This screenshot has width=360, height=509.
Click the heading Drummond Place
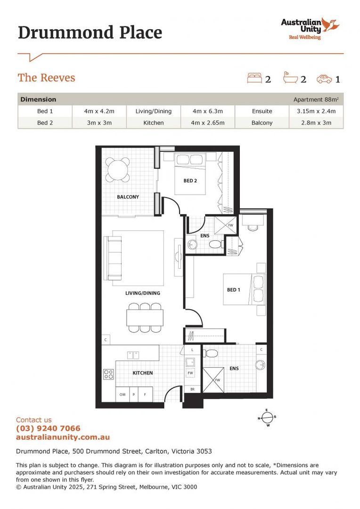90,33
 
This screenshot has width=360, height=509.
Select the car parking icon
324,79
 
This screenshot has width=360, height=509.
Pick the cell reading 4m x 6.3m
208,111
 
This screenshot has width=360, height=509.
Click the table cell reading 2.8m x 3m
316,123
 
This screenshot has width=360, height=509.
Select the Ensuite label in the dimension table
262,111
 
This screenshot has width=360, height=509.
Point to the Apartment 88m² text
315,99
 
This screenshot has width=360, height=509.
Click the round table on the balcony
117,170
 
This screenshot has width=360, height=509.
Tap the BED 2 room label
190,181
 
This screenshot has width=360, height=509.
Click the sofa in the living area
115,258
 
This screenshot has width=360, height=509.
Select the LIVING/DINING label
142,293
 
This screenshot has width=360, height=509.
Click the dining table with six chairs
145,317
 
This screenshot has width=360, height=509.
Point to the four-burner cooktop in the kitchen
108,374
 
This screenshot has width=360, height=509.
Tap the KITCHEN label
142,373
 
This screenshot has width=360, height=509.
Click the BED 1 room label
234,290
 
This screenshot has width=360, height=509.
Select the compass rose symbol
267,418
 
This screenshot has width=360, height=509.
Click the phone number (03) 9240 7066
48,428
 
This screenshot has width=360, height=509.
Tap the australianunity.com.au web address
63,437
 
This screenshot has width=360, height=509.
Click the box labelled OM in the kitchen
122,394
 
